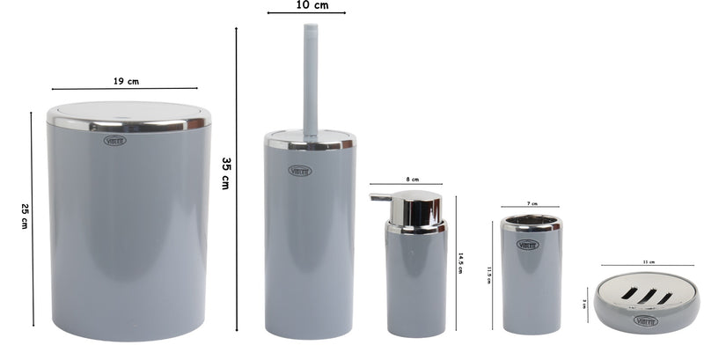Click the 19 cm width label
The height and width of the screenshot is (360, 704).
pos(126,81)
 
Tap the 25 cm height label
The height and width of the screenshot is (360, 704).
pos(24,216)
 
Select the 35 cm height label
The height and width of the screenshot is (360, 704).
pos(226,173)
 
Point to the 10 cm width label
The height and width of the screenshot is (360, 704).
pos(306,4)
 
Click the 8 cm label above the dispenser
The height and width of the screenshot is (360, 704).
pos(413,178)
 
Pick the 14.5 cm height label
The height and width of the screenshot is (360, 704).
pos(460,263)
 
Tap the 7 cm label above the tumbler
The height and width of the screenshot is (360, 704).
pos(532,202)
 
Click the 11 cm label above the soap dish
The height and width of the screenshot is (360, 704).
pos(649,261)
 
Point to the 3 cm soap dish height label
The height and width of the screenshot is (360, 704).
pos(585,304)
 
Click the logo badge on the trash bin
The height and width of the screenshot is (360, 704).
pos(115,140)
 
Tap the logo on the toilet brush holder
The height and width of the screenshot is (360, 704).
pos(299,170)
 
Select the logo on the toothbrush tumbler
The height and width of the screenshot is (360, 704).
pos(529,244)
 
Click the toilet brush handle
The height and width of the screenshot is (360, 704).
pos(310,79)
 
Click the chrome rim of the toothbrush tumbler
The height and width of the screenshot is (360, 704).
pos(531,221)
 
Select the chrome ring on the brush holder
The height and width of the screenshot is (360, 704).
pos(310,141)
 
